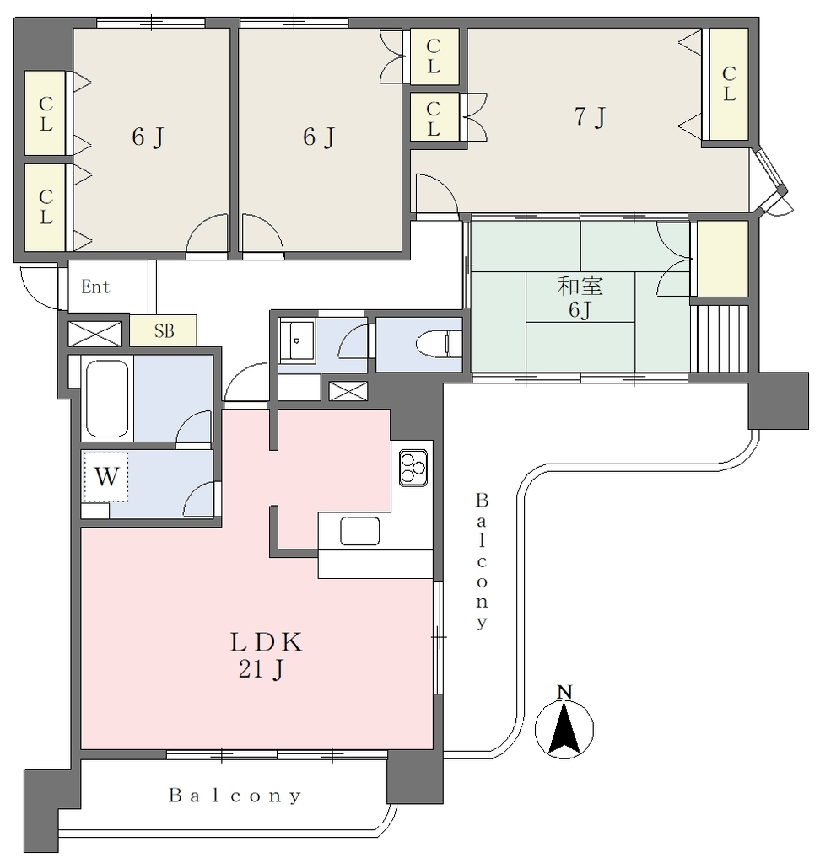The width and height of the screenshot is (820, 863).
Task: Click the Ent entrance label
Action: click(x=95, y=287)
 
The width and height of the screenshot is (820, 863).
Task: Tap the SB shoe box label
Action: click(x=165, y=330)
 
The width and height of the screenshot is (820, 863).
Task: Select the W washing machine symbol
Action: click(x=105, y=477)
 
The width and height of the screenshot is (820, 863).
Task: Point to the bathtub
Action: click(x=107, y=399)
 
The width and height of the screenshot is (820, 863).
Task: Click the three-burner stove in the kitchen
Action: click(x=413, y=468)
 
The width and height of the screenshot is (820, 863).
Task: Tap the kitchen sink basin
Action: click(x=360, y=531)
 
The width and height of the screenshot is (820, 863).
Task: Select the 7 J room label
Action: click(x=591, y=116)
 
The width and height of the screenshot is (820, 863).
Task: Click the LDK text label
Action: click(x=266, y=642)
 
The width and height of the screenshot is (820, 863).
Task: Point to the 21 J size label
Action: click(x=262, y=670)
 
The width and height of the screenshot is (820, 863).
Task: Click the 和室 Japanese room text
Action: click(x=580, y=286)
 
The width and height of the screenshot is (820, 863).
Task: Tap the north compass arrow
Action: click(x=564, y=728)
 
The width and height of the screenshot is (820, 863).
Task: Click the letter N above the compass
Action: click(x=565, y=692)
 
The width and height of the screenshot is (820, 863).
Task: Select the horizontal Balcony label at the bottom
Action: click(x=235, y=796)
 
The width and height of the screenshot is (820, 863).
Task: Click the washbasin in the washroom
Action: click(x=297, y=340)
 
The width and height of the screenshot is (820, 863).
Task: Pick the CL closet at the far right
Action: click(x=729, y=84)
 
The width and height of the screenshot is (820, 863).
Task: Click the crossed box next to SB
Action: click(x=94, y=334)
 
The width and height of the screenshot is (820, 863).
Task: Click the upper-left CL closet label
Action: click(x=46, y=114)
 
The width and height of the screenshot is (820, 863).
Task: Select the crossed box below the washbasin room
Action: click(x=348, y=391)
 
